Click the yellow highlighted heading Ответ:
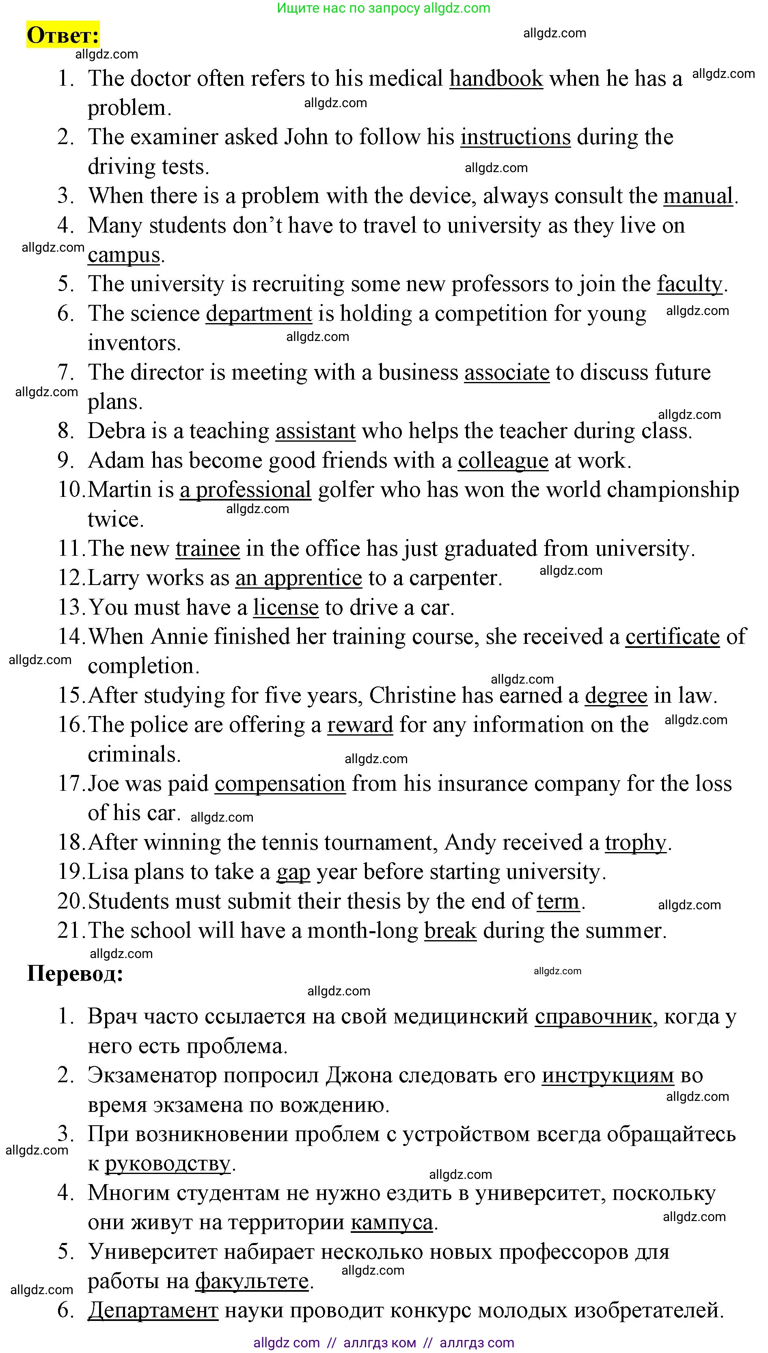[63, 35]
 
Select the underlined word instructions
[516, 137]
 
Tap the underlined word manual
[698, 196]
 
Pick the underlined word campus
[123, 255]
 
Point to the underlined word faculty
[689, 284]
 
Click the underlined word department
[259, 313]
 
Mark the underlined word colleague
[503, 460]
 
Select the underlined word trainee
[208, 548]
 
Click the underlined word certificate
[673, 637]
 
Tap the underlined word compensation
[280, 784]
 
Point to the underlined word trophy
[636, 842]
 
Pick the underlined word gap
[293, 872]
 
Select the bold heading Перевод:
[75, 973]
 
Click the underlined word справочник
[593, 1016]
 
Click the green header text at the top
[384, 8]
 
